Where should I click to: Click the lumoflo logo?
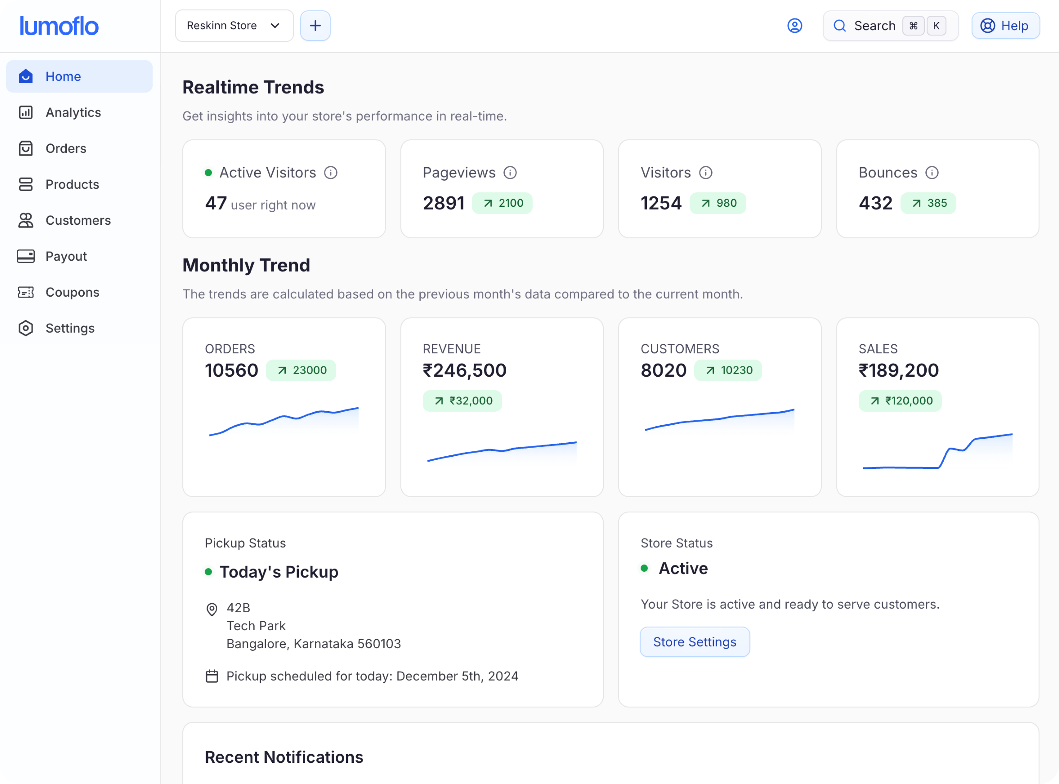(59, 26)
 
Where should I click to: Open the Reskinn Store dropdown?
(234, 25)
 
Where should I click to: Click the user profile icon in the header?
(795, 25)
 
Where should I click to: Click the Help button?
(1005, 25)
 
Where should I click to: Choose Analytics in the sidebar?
(73, 112)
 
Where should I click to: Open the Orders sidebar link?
(66, 149)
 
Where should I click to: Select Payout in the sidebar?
(66, 256)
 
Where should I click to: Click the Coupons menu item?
(72, 292)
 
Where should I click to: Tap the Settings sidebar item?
(70, 328)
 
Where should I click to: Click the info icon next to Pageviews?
(510, 173)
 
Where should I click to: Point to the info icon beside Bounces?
(932, 173)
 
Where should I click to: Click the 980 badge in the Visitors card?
(718, 203)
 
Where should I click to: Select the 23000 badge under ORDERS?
(301, 370)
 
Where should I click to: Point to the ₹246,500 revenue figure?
(464, 370)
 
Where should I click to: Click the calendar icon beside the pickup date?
(212, 676)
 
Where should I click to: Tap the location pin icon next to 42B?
(212, 609)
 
